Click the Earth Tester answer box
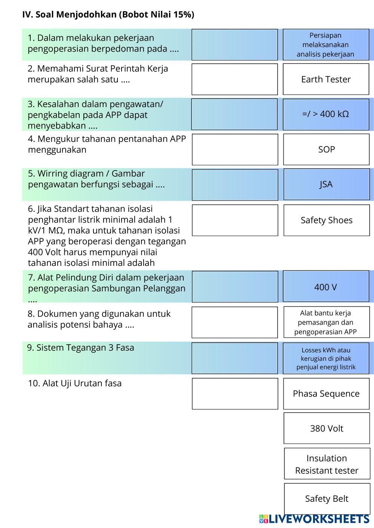click(326, 79)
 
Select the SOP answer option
click(326, 149)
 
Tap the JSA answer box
click(326, 184)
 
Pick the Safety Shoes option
click(327, 220)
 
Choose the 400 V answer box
click(326, 287)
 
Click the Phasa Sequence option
click(326, 394)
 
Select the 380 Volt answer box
click(327, 428)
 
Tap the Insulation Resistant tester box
click(327, 464)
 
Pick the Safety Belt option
click(327, 499)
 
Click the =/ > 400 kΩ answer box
click(326, 114)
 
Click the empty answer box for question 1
click(235, 45)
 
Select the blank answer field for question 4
click(235, 149)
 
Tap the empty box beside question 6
click(235, 220)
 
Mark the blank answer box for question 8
click(235, 322)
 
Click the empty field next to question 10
click(235, 394)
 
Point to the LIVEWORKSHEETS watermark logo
click(314, 519)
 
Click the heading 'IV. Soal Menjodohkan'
click(108, 15)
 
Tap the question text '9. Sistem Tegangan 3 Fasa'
click(80, 348)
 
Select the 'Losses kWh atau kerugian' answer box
click(326, 358)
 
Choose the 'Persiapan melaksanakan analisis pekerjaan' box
click(326, 45)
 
